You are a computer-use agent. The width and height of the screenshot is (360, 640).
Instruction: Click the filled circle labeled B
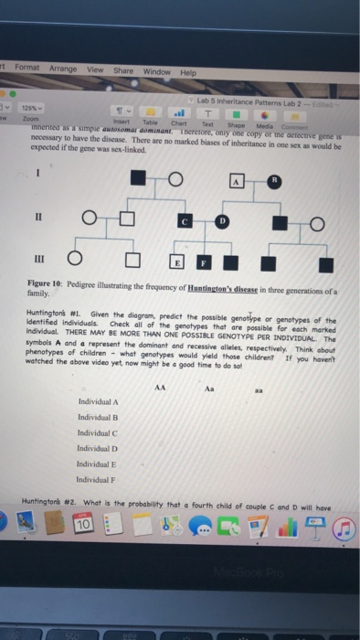(271, 182)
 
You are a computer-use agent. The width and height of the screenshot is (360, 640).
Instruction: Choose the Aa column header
(216, 388)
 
